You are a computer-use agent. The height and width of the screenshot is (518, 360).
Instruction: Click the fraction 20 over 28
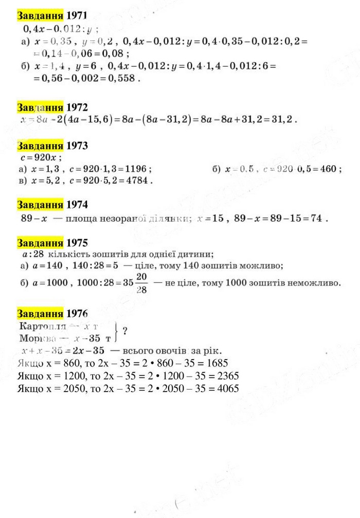point(142,283)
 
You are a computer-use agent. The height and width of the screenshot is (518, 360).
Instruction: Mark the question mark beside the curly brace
point(125,331)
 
